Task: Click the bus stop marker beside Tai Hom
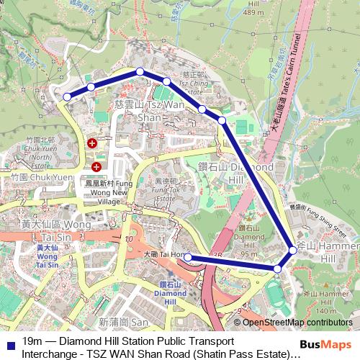click(x=186, y=256)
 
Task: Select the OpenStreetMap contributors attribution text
click(x=297, y=323)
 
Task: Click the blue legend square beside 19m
click(x=9, y=341)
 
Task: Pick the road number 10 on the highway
click(x=129, y=238)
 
